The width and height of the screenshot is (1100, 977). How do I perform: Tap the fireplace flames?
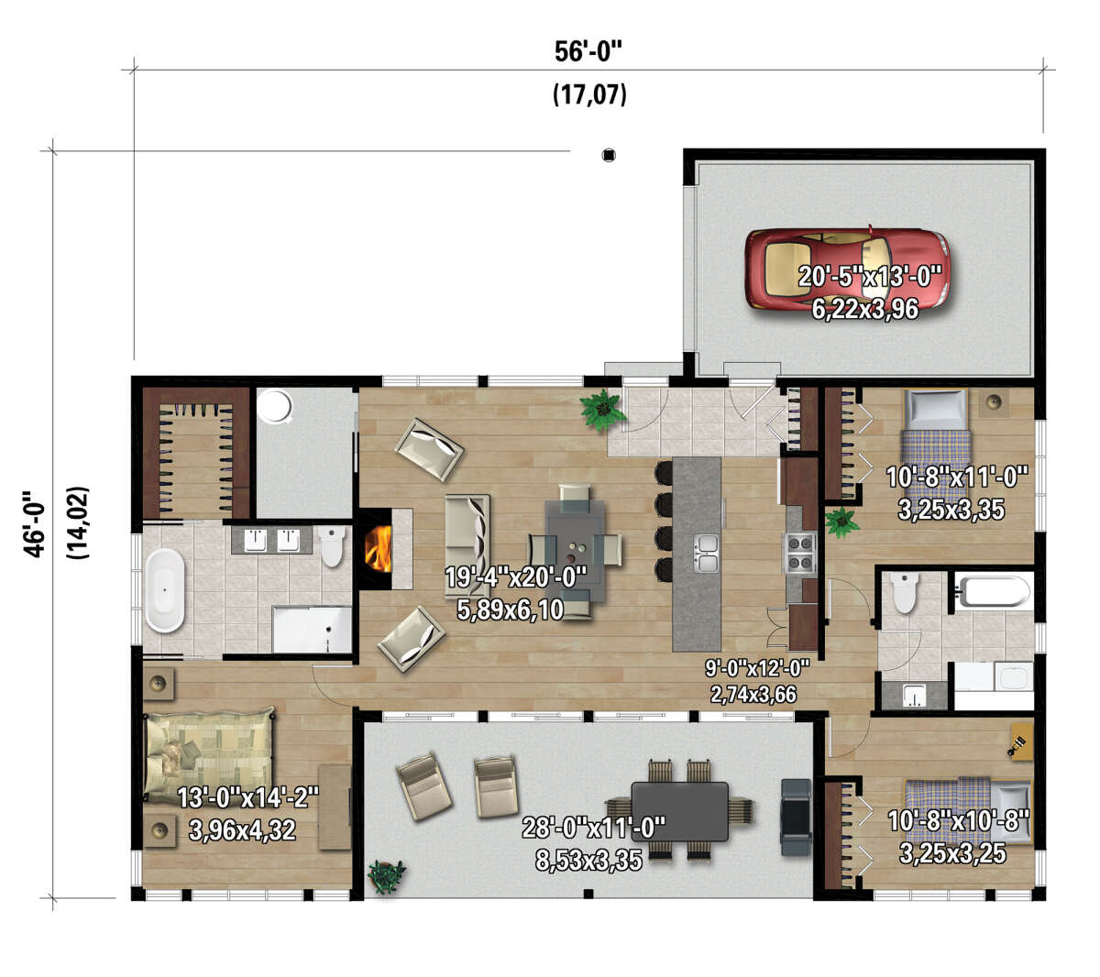(378, 548)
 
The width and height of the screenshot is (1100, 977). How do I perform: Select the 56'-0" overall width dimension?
(588, 52)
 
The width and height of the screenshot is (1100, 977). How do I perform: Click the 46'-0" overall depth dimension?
(34, 523)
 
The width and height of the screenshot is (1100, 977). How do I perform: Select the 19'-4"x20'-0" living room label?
(516, 576)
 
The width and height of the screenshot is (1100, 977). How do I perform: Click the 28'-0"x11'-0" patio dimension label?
(593, 828)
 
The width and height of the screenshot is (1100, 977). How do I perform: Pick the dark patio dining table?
(679, 811)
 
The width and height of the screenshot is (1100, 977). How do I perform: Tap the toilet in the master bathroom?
(332, 545)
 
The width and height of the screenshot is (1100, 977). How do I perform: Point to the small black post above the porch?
(609, 155)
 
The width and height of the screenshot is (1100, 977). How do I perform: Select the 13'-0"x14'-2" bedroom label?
(247, 797)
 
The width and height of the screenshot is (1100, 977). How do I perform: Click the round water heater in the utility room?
(275, 406)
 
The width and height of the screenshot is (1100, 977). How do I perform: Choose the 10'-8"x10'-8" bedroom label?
(958, 820)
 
